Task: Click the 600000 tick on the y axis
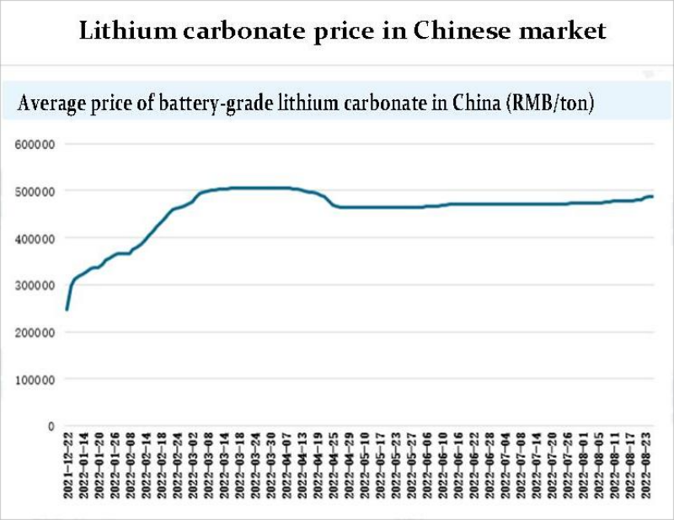[35, 144]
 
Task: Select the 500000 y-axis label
[35, 191]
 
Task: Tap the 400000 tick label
[35, 238]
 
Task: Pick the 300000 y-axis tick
[35, 285]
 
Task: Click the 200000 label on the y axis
[35, 332]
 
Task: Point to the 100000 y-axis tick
[35, 379]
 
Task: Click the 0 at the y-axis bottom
[51, 427]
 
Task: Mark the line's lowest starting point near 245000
[67, 310]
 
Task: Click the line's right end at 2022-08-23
[653, 196]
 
